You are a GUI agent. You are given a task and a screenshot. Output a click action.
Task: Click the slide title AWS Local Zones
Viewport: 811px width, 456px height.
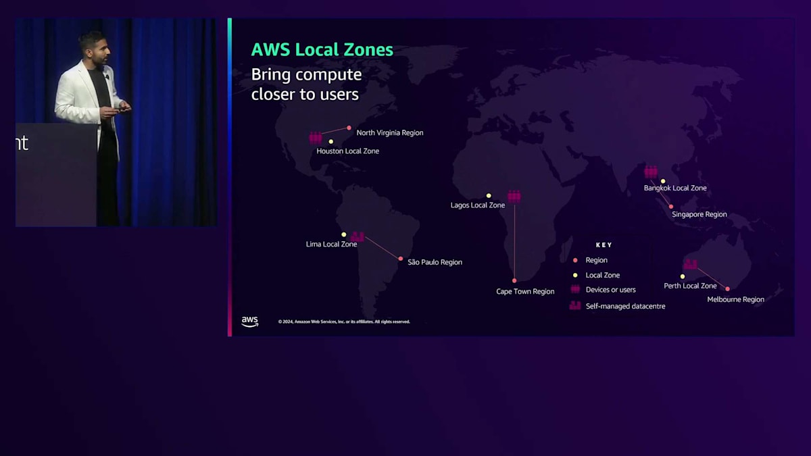[322, 49]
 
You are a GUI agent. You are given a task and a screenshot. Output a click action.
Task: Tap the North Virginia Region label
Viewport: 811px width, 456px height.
[389, 132]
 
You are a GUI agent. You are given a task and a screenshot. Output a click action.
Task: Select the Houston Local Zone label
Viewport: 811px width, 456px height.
[347, 151]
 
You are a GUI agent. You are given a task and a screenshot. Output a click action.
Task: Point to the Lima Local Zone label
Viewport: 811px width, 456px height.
[331, 244]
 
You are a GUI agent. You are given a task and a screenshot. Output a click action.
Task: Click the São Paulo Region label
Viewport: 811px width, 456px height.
[435, 262]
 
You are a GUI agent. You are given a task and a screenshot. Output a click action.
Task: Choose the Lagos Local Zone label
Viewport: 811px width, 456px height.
[477, 205]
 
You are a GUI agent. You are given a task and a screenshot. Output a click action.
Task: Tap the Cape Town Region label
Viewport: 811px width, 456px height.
[525, 292]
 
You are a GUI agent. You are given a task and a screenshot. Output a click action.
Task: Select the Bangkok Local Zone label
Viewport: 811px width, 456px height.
[674, 188]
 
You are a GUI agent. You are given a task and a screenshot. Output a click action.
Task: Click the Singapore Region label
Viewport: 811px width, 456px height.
[699, 215]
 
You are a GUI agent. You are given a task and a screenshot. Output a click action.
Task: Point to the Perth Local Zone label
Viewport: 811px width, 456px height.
[690, 286]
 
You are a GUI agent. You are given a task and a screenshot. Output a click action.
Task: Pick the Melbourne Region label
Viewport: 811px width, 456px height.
[735, 299]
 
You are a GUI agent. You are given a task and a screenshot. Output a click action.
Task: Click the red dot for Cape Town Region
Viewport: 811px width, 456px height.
[514, 280]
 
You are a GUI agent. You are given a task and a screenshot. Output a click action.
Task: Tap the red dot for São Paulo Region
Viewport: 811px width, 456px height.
[401, 259]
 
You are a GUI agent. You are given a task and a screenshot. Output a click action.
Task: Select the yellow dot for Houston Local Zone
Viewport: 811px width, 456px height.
[330, 142]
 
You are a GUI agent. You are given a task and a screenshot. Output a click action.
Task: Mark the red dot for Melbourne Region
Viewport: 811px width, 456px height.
[727, 289]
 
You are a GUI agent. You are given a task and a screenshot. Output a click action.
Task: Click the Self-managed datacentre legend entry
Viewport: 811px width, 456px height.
[625, 306]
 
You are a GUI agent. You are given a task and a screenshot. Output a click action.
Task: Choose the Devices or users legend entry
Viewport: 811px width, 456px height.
[610, 290]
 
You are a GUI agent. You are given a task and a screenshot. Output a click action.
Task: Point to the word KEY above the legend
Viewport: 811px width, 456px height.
[604, 245]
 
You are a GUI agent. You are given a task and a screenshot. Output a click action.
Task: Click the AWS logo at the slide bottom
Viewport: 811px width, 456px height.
[249, 322]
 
